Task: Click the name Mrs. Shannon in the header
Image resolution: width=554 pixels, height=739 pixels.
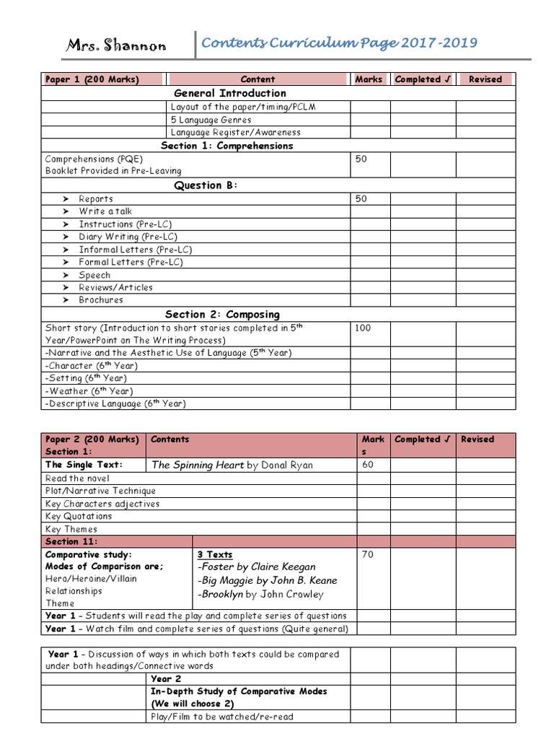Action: click(116, 46)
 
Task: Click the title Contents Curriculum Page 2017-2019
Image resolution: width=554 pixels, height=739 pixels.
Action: click(339, 43)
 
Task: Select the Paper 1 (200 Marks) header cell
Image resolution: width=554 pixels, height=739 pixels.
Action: click(92, 79)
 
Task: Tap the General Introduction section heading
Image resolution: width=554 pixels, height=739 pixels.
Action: click(229, 93)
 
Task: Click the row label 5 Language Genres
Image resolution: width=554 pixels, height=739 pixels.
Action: click(211, 120)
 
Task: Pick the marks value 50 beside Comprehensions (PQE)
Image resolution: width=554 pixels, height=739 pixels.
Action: click(361, 159)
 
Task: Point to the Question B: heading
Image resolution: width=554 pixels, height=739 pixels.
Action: click(206, 185)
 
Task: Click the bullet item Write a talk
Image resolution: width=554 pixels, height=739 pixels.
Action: click(105, 211)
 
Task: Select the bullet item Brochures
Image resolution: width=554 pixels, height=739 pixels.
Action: click(101, 300)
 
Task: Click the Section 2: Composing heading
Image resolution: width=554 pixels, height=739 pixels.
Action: click(222, 315)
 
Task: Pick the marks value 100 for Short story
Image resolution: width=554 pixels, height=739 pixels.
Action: click(364, 328)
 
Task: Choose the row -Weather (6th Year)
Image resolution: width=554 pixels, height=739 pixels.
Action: click(85, 391)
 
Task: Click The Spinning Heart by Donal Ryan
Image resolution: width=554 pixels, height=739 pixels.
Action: click(232, 465)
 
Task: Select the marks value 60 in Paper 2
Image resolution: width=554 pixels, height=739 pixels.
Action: click(368, 465)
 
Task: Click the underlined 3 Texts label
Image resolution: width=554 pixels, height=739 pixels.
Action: click(215, 555)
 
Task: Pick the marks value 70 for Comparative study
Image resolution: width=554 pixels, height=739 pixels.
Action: click(368, 555)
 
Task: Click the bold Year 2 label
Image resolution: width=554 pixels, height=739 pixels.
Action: click(166, 679)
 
